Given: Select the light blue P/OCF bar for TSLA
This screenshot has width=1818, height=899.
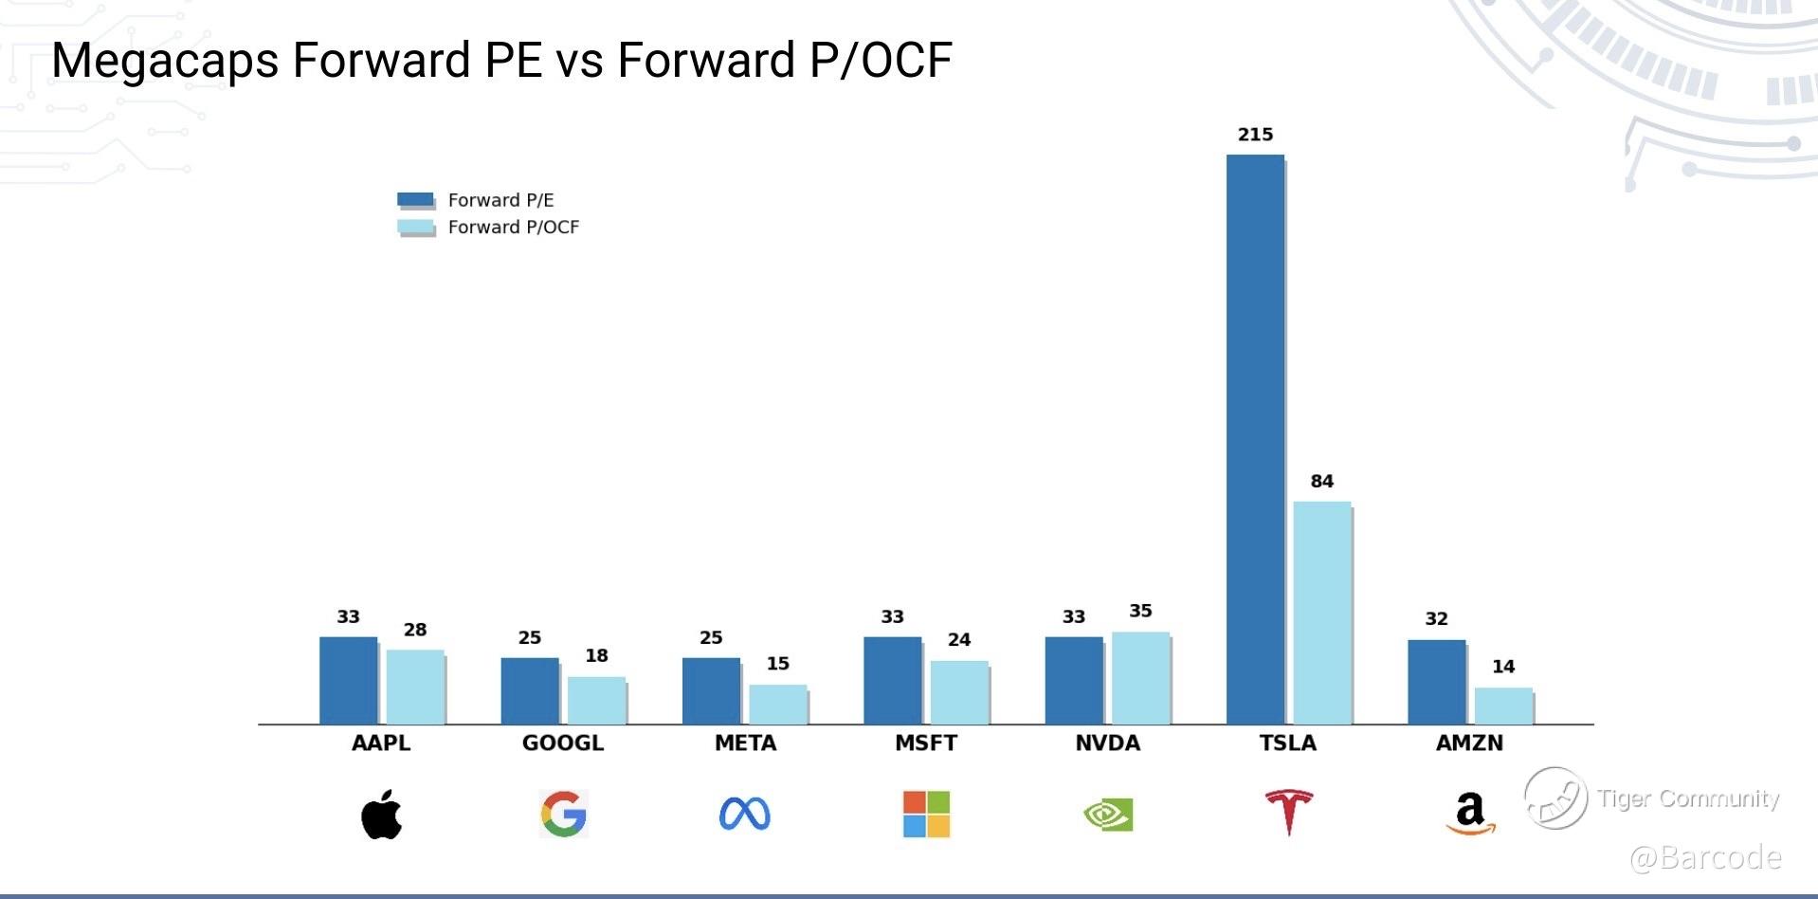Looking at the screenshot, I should (1321, 613).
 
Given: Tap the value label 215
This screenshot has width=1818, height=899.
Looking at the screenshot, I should (1255, 135).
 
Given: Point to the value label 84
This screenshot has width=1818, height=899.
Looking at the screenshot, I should (1321, 482).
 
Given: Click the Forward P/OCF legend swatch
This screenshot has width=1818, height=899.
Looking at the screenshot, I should (415, 227).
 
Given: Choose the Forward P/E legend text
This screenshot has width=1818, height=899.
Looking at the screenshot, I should (500, 200).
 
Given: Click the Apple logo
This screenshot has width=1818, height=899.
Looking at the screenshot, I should (381, 814).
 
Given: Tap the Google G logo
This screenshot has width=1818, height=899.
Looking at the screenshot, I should (564, 814).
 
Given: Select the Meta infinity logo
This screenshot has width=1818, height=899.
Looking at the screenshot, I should (745, 814).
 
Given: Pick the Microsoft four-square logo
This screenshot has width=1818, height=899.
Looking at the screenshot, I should (926, 814).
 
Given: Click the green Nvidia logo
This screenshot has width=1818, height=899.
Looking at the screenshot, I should (1108, 815).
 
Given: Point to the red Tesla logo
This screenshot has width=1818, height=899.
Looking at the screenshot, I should (1289, 812).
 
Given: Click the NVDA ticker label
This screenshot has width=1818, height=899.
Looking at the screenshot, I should (1107, 743).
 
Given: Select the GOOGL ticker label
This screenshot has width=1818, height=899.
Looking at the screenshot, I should (563, 743).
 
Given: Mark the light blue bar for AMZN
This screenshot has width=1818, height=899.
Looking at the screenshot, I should (1503, 706).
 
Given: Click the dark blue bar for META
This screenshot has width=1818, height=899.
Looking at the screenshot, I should (711, 690).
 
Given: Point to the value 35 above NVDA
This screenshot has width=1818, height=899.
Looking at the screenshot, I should (1140, 611).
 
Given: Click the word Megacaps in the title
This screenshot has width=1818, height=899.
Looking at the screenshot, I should (165, 61).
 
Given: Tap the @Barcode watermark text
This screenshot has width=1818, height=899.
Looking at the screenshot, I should (1705, 857).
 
